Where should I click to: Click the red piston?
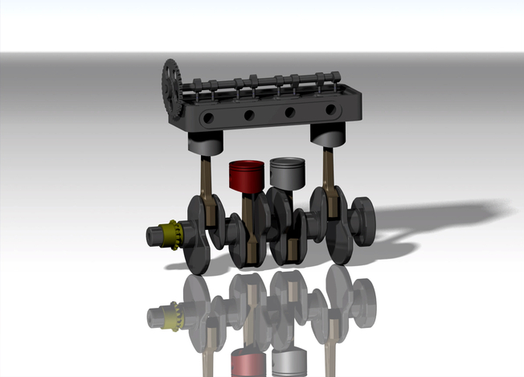pyautogui.click(x=247, y=176)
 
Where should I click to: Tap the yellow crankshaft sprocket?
pyautogui.click(x=170, y=235)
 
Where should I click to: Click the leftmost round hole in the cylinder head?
pyautogui.click(x=208, y=118)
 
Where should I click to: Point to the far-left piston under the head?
pyautogui.click(x=205, y=144)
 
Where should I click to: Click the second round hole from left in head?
pyautogui.click(x=249, y=115)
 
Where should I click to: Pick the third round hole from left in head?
pyautogui.click(x=290, y=112)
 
